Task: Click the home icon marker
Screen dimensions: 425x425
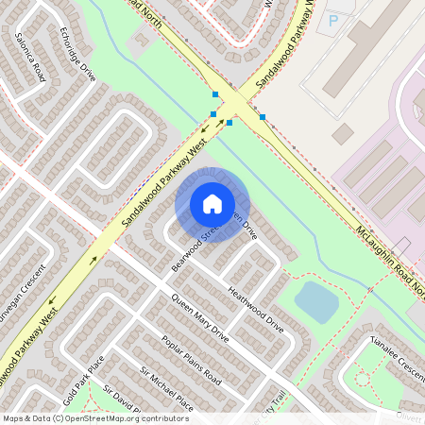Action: pyautogui.click(x=212, y=204)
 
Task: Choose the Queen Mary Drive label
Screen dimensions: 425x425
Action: pyautogui.click(x=199, y=321)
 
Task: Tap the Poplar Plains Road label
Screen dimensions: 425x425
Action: pyautogui.click(x=191, y=360)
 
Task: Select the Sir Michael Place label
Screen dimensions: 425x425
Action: pyautogui.click(x=166, y=389)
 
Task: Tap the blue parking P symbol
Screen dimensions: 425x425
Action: pyautogui.click(x=331, y=20)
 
